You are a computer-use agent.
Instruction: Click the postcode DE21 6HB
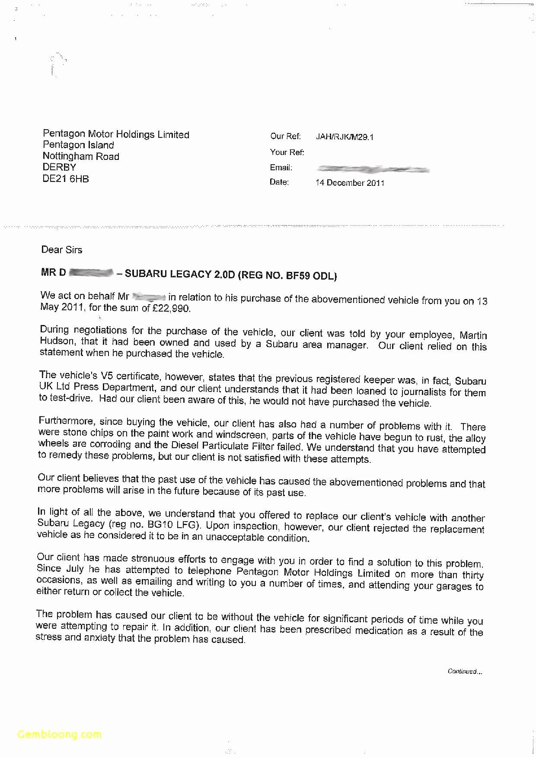click(x=66, y=179)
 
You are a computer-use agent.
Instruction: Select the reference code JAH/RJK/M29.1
click(x=345, y=137)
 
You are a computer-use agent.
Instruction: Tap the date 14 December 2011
click(x=350, y=183)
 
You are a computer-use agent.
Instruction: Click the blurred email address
click(x=373, y=169)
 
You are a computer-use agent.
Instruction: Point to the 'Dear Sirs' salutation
click(x=61, y=250)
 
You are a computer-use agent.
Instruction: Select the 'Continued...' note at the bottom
click(x=465, y=671)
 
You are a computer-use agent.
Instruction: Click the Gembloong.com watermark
click(x=59, y=734)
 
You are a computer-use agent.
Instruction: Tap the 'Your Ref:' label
click(x=287, y=152)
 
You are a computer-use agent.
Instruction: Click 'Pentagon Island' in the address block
click(x=78, y=145)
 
